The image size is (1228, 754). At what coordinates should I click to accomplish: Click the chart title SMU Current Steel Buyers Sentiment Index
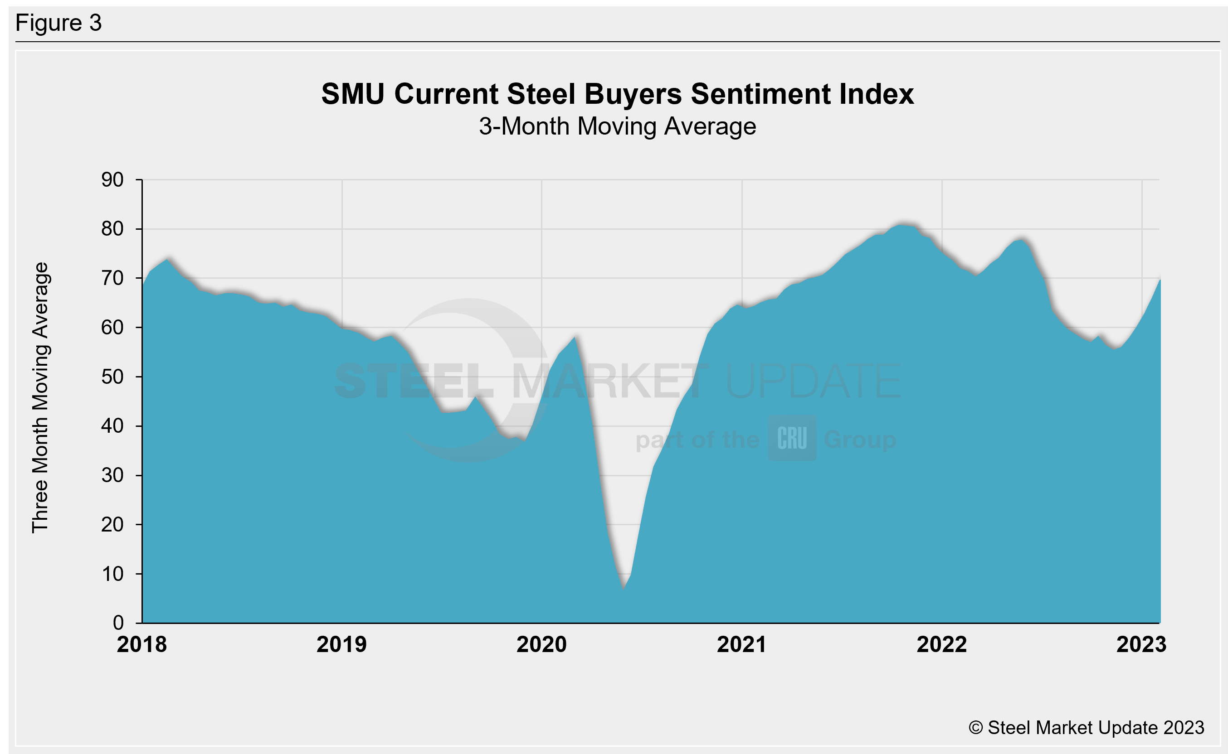[617, 94]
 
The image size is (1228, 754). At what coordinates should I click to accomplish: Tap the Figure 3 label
[58, 23]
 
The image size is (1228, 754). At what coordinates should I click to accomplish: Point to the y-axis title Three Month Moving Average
[40, 397]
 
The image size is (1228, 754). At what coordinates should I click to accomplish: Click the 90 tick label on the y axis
[112, 180]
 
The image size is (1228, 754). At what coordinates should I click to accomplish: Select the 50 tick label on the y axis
[112, 377]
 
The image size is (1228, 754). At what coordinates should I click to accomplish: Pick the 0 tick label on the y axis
[118, 623]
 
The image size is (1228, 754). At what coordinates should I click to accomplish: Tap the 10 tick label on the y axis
[112, 574]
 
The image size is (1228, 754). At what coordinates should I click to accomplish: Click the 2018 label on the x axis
[142, 645]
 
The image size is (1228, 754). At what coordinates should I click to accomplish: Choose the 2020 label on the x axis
[541, 645]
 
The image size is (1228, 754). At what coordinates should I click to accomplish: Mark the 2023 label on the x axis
[1141, 645]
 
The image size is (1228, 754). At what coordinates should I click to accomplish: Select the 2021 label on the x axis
[741, 645]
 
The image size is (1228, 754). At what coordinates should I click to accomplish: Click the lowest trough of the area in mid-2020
[624, 589]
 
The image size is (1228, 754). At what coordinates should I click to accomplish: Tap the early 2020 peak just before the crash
[575, 338]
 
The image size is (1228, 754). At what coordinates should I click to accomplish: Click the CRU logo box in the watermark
[792, 438]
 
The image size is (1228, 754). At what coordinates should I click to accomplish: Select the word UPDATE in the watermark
[814, 382]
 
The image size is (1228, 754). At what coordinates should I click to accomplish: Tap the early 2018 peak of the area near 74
[168, 259]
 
